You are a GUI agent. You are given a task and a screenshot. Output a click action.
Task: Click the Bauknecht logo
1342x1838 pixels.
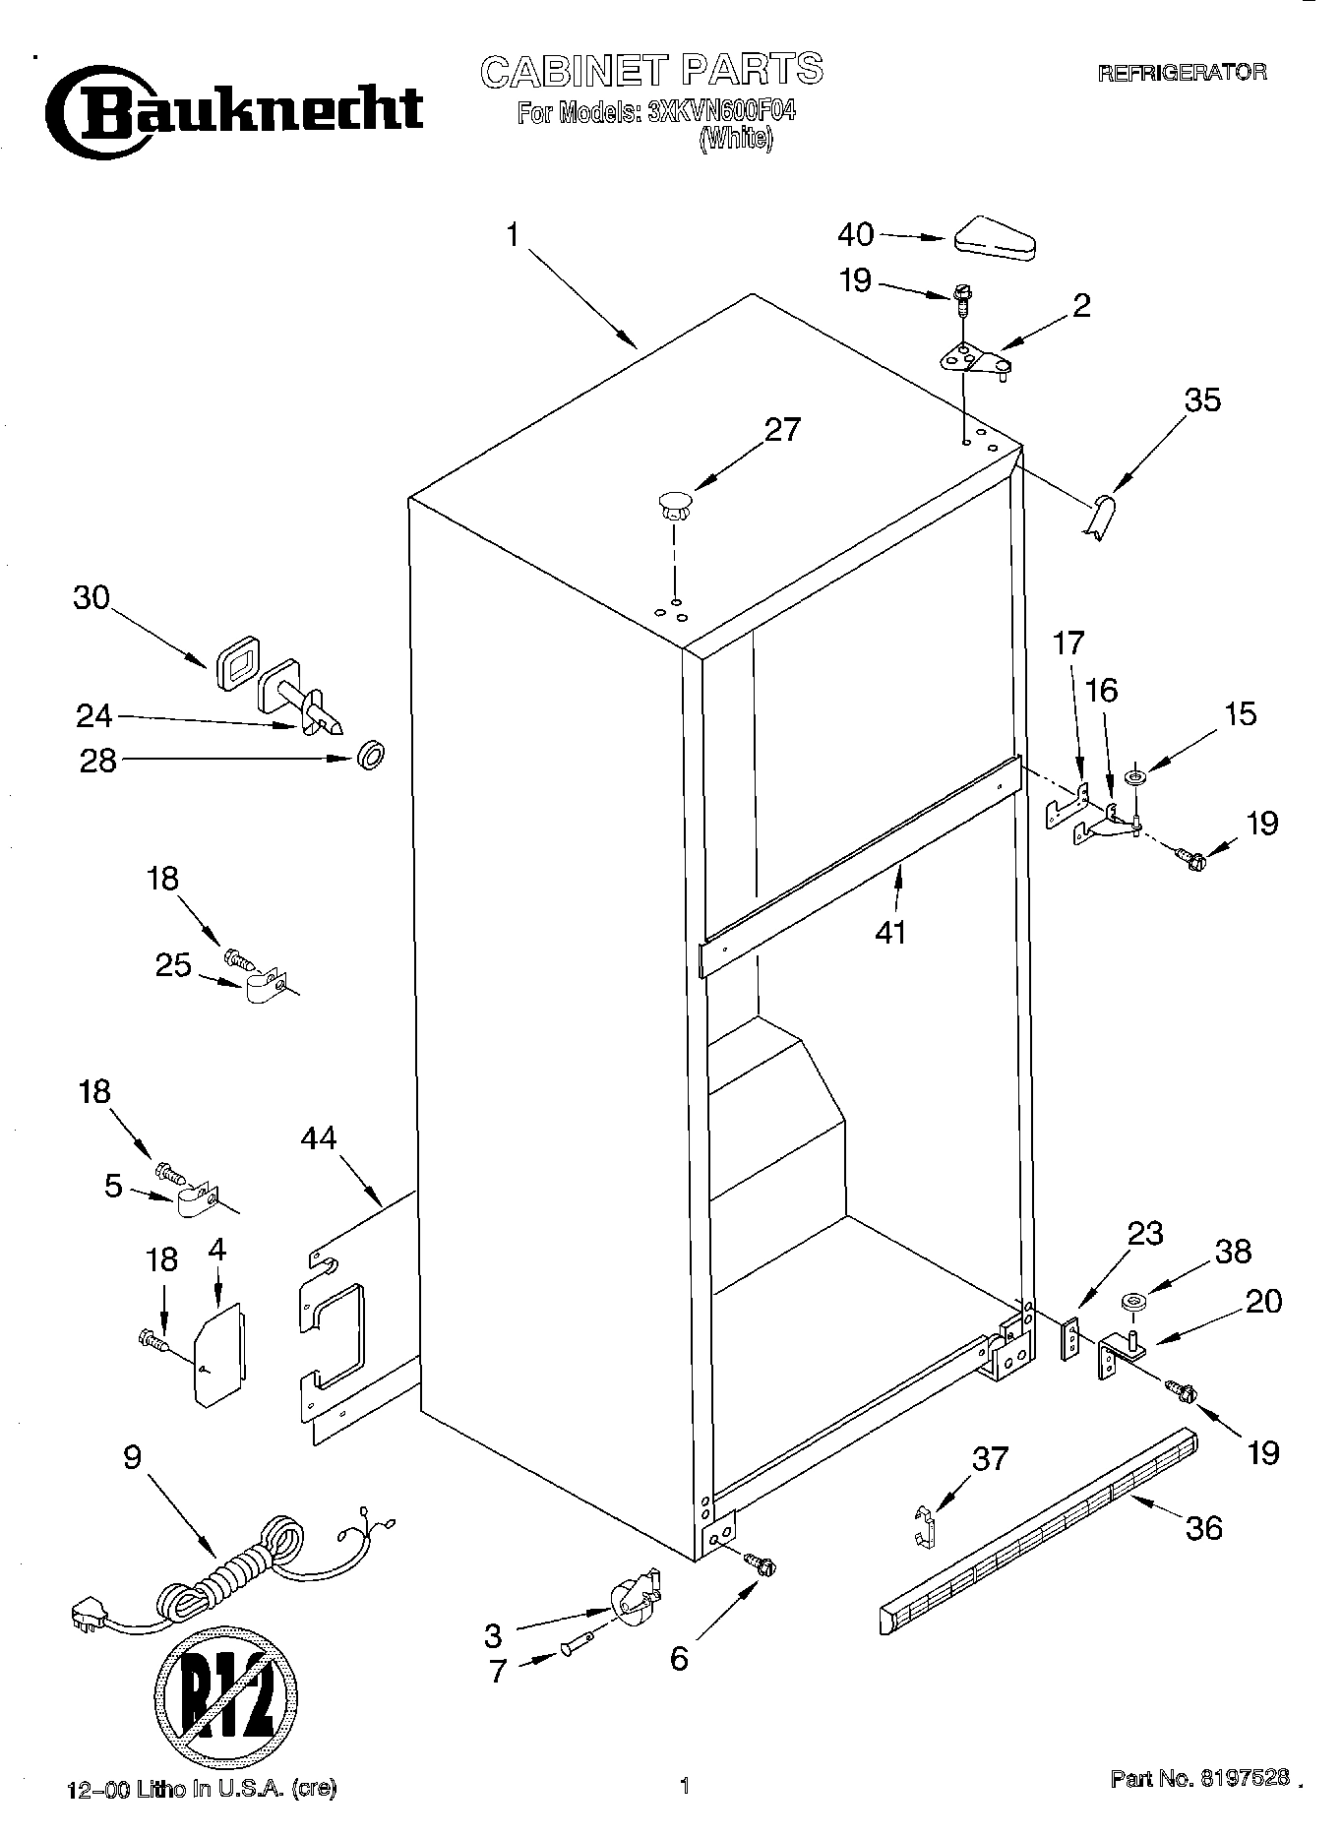pos(236,110)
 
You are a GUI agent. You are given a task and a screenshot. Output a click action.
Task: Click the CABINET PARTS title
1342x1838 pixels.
pos(650,70)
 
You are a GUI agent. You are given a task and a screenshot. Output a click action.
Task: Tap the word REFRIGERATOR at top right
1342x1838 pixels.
pos(1181,73)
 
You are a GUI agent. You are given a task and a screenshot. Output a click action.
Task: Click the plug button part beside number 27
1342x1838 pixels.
pos(674,506)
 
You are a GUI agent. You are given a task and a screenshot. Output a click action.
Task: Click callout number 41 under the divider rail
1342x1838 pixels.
pos(890,930)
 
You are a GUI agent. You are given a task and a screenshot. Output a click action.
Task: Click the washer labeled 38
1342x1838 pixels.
pos(1133,1304)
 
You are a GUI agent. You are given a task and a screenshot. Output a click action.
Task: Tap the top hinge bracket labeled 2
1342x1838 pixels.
pos(974,360)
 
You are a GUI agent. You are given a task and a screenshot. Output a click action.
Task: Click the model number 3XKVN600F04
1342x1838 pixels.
pos(721,113)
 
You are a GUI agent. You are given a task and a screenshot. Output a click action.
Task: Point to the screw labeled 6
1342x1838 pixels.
pos(759,1562)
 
